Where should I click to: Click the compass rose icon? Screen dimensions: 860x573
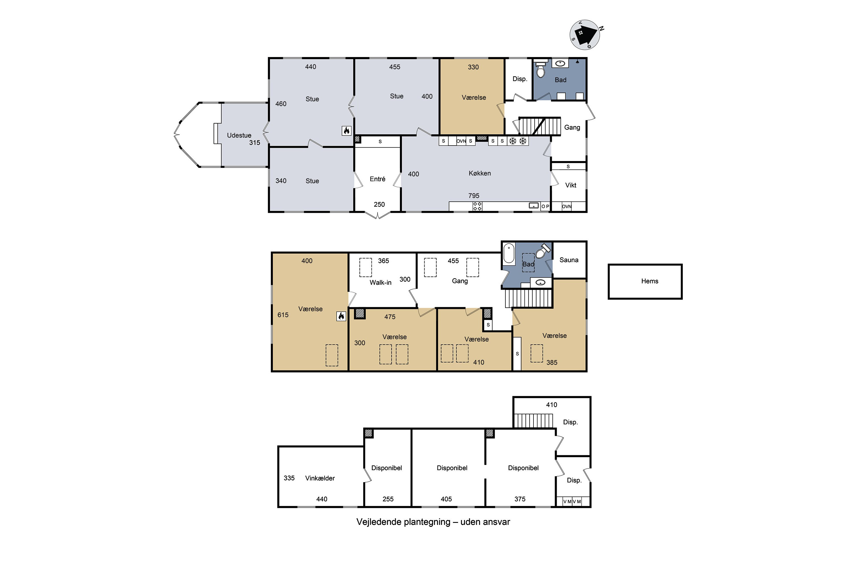pyautogui.click(x=585, y=35)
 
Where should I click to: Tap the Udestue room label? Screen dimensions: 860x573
pyautogui.click(x=239, y=136)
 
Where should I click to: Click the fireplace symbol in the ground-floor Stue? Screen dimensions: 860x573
pyautogui.click(x=346, y=130)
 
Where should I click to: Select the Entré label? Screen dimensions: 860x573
pyautogui.click(x=377, y=179)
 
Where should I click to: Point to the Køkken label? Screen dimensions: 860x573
pyautogui.click(x=480, y=173)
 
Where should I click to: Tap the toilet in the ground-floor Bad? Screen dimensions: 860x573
pyautogui.click(x=541, y=69)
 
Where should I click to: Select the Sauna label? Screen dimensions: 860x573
pyautogui.click(x=569, y=260)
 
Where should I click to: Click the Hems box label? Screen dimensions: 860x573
pyautogui.click(x=649, y=281)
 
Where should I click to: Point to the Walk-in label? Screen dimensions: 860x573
pyautogui.click(x=380, y=282)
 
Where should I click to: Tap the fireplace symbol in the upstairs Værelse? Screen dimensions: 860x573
pyautogui.click(x=341, y=316)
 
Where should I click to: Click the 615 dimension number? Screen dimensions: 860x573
pyautogui.click(x=283, y=315)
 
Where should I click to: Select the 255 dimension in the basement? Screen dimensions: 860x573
pyautogui.click(x=388, y=499)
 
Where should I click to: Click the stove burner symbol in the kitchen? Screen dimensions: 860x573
pyautogui.click(x=477, y=207)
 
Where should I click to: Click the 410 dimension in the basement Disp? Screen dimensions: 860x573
pyautogui.click(x=551, y=405)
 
